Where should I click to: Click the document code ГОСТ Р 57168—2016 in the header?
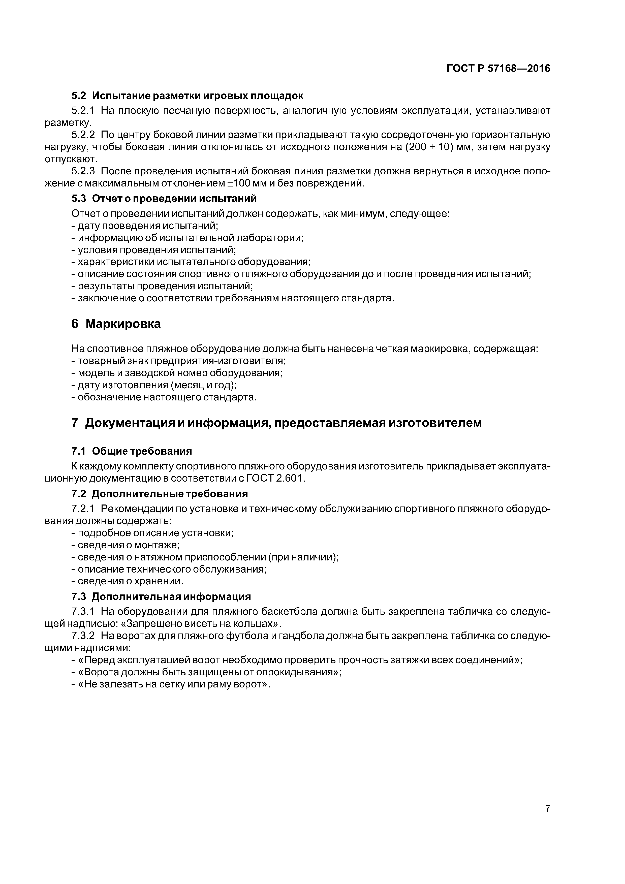498,69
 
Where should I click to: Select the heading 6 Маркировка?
116,324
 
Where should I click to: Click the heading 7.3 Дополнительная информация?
161,596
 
